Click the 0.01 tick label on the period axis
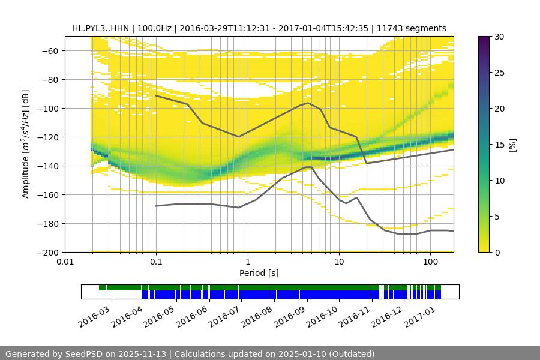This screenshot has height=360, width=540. coord(65,262)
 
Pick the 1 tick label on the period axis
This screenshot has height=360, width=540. coord(247,262)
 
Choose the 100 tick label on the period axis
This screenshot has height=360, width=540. coord(430,262)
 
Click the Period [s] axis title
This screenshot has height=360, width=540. coord(259,273)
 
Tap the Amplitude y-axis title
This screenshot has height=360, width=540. coord(26,144)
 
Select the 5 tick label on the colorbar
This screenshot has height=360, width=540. coord(499,217)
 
